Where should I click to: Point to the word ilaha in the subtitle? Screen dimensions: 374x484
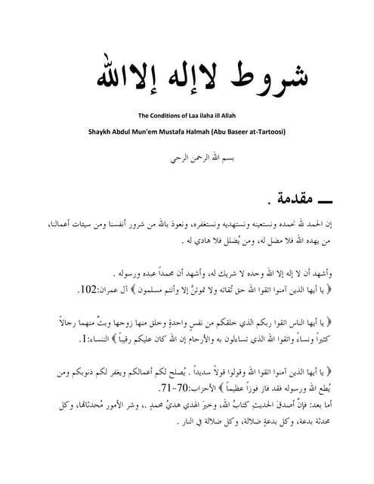[212, 116]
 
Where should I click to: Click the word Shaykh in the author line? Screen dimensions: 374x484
[100, 132]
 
